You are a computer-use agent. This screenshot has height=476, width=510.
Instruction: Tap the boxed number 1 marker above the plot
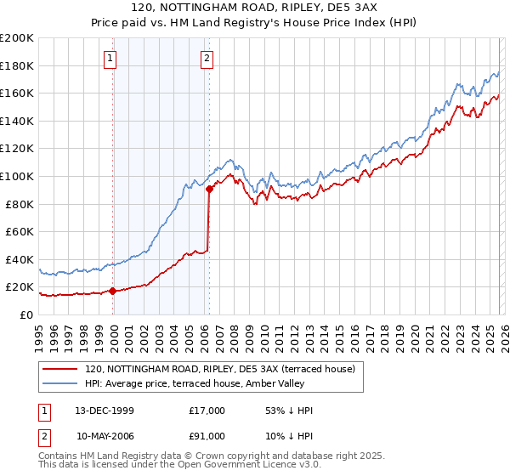pos(111,59)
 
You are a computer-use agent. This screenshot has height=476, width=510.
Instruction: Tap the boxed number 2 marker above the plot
pos(207,59)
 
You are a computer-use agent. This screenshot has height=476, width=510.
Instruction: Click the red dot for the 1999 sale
pos(113,291)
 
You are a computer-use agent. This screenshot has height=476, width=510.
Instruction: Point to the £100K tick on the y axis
pos(17,176)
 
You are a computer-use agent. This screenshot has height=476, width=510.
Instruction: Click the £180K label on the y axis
pos(17,65)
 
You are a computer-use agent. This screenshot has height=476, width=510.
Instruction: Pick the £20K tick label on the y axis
pos(20,287)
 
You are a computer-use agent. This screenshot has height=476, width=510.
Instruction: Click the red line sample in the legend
pos(60,368)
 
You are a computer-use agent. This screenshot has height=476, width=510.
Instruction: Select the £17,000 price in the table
pos(207,411)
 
